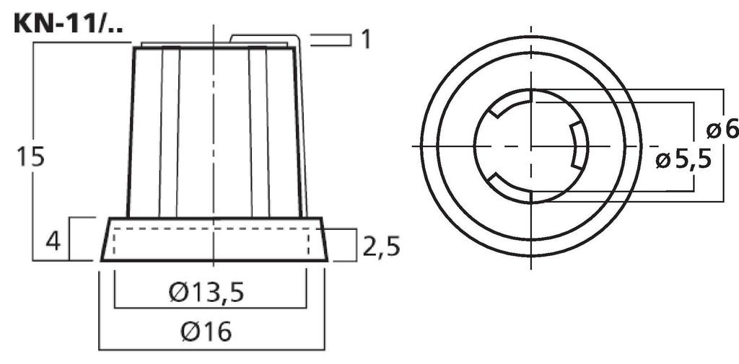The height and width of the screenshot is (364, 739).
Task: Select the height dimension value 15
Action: pos(31,157)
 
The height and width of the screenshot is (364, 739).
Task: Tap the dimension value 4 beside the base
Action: pos(53,239)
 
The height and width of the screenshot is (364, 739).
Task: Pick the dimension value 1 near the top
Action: pos(366,39)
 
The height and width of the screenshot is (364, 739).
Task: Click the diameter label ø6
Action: pos(722,130)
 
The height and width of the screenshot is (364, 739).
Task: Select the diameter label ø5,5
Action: pos(683,159)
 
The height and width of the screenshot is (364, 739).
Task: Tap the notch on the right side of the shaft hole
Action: pos(577,146)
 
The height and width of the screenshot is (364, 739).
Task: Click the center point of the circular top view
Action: pos(531,146)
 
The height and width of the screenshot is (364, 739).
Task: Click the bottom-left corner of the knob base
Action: pos(101,259)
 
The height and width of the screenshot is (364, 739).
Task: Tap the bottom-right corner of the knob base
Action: pos(327,259)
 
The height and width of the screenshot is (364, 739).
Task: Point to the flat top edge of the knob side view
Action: pos(214,46)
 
